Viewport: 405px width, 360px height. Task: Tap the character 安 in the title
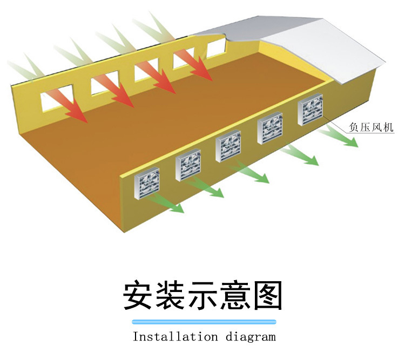(x=140, y=295)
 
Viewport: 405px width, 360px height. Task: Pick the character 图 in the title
(x=267, y=295)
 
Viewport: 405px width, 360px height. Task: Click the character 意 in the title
(x=235, y=295)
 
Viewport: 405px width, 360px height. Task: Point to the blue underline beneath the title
(x=204, y=322)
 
